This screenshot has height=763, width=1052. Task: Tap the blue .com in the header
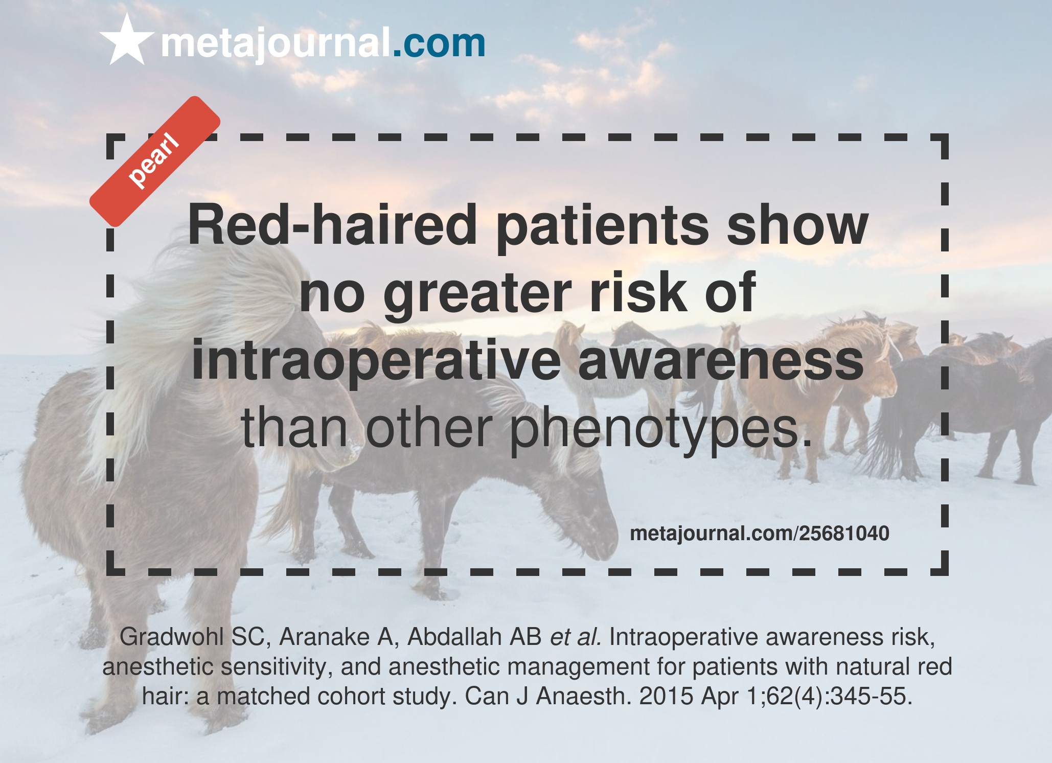(x=439, y=43)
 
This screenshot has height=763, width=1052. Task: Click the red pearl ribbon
(x=155, y=161)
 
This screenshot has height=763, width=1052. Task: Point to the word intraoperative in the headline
(x=376, y=361)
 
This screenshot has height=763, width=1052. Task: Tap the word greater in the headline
(x=477, y=294)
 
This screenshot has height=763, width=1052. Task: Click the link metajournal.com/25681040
(x=759, y=534)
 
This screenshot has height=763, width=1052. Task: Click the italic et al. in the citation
(x=575, y=637)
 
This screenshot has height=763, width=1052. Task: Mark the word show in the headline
(x=797, y=225)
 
